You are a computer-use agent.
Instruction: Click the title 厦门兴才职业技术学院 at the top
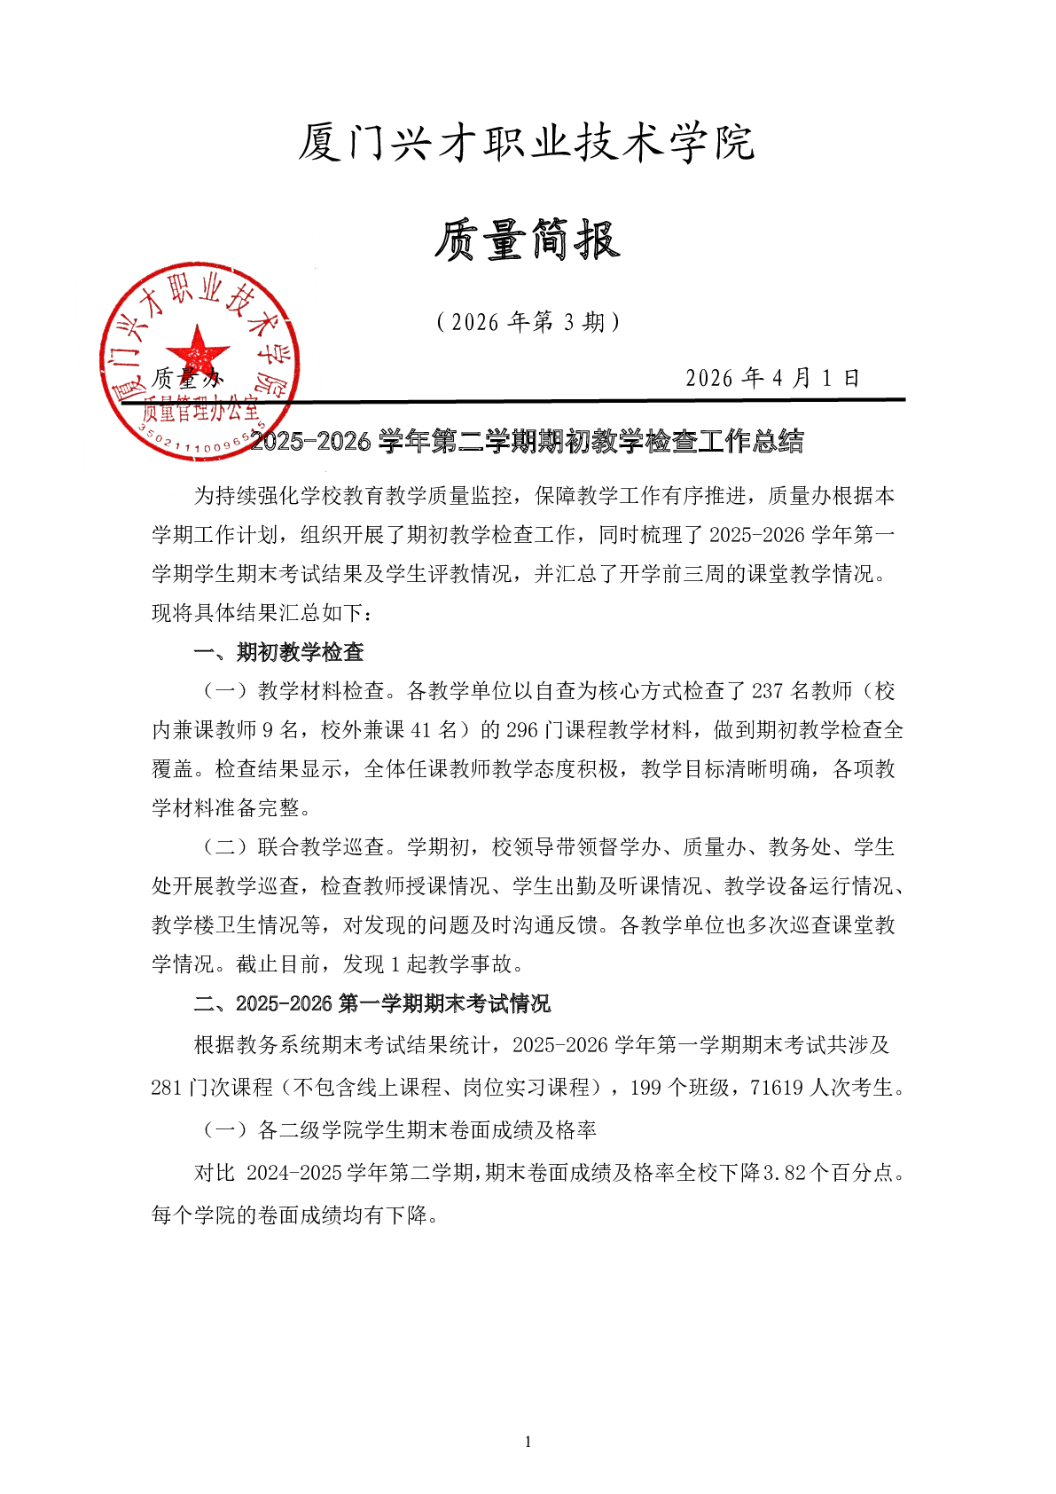(527, 143)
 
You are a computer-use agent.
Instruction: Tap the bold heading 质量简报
(527, 240)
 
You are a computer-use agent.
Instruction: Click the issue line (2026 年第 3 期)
(528, 322)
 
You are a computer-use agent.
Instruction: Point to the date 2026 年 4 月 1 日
(772, 379)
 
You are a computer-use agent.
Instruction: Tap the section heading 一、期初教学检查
(278, 652)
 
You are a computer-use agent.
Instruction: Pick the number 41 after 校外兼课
(420, 730)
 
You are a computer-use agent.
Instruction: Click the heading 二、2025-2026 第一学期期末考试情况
(372, 1003)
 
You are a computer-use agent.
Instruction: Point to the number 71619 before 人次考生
(776, 1088)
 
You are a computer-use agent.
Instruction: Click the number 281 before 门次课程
(168, 1088)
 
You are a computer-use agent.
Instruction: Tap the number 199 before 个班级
(646, 1088)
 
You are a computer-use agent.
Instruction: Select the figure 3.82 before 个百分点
(784, 1173)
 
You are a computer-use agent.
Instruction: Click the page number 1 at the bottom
(528, 1442)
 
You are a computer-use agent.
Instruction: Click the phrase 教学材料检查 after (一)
(321, 691)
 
